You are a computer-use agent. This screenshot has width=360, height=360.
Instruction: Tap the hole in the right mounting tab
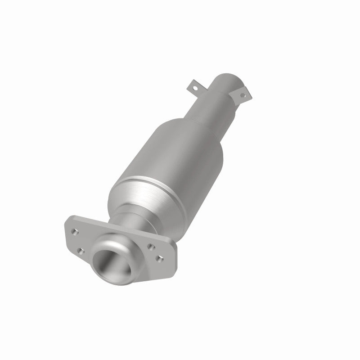[x=243, y=95]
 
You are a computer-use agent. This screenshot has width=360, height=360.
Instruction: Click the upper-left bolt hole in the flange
[x=74, y=233]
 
